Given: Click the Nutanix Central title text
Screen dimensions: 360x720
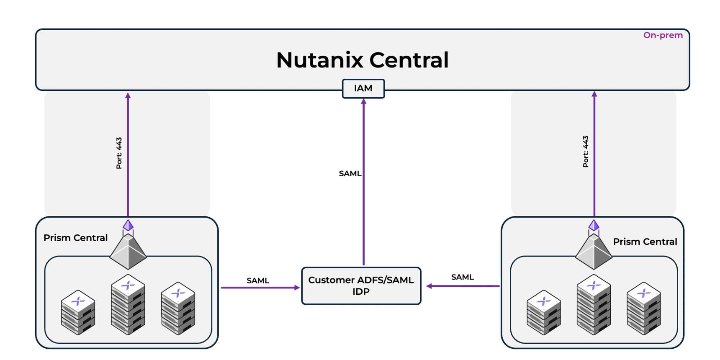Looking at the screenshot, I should [x=363, y=60].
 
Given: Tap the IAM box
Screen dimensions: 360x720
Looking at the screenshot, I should [x=363, y=88].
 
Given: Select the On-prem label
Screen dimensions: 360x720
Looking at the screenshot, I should [x=663, y=35].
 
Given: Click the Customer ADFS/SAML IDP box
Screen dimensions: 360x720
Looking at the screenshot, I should [x=361, y=285].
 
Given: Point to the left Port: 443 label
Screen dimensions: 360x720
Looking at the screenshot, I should [x=119, y=153].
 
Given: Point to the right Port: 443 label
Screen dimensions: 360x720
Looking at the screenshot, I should [x=585, y=152].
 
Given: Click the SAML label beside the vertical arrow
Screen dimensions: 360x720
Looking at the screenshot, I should [x=350, y=173].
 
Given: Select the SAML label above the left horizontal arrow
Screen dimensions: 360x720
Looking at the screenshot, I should [x=258, y=280].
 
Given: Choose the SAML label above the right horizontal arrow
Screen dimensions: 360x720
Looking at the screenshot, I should [x=462, y=277].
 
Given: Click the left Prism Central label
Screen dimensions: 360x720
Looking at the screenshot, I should [x=75, y=238].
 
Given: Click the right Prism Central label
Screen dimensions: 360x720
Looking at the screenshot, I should [x=645, y=242].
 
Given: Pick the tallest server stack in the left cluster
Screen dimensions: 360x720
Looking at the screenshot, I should [x=128, y=304].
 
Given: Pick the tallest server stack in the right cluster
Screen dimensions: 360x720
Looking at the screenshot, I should [x=594, y=304].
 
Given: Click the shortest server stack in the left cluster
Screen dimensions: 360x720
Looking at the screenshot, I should [x=78, y=312].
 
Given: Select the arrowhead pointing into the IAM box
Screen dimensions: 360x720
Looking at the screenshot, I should [x=363, y=101].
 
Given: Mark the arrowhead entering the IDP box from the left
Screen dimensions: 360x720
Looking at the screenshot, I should [x=297, y=288].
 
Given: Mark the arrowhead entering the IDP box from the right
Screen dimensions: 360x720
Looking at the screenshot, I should [x=429, y=286].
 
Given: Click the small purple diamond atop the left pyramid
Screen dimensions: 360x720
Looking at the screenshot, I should [x=128, y=226].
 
